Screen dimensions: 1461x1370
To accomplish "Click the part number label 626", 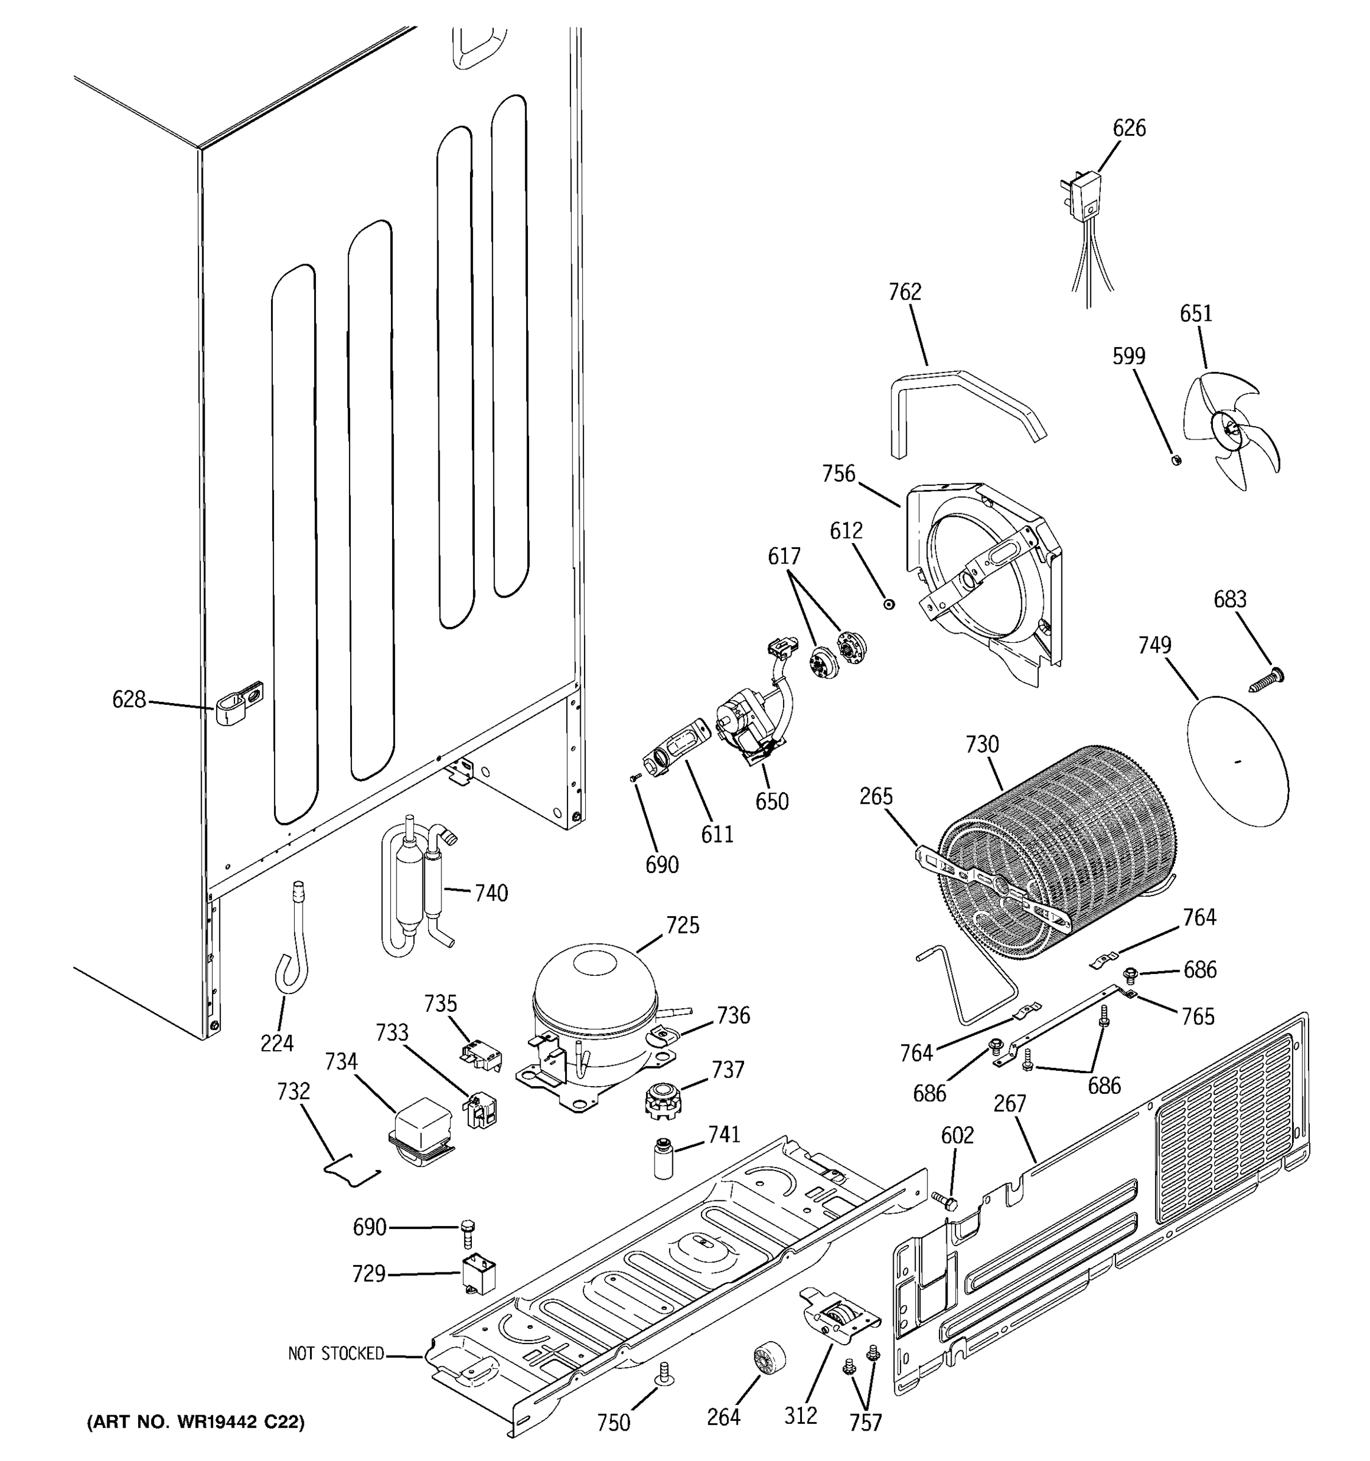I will [x=1128, y=128].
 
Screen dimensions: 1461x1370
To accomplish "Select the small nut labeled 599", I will [x=1175, y=461].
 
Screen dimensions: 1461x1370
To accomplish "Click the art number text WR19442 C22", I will [x=195, y=1422].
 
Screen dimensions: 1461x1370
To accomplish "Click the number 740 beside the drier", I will [x=491, y=893].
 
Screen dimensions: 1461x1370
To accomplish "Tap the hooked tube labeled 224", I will [x=292, y=948].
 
